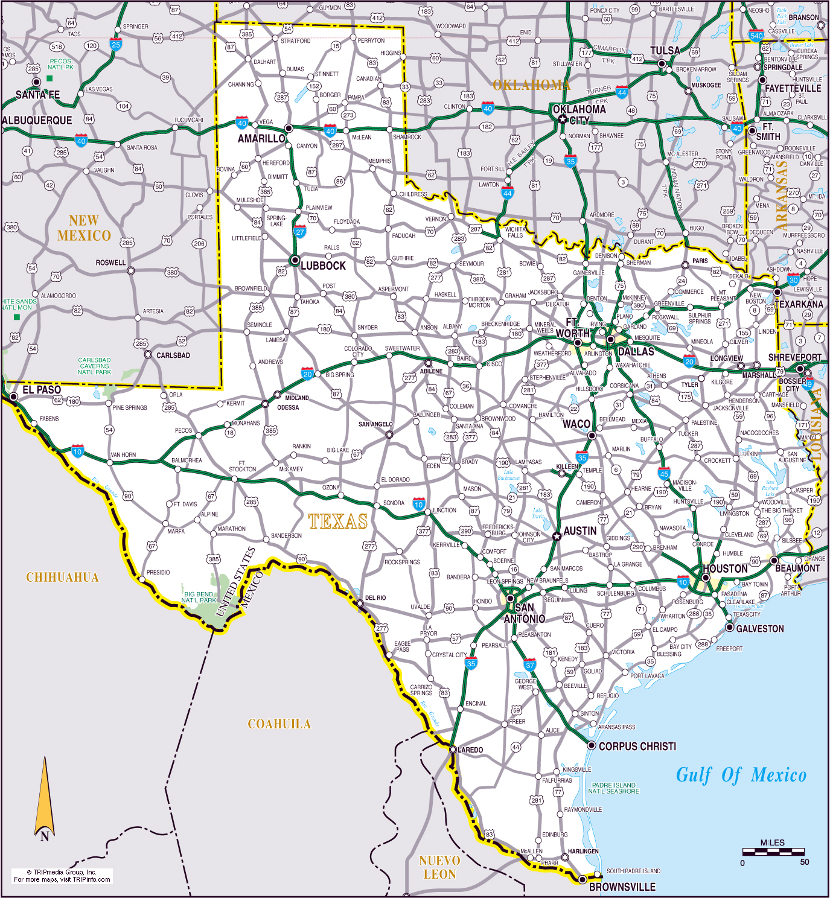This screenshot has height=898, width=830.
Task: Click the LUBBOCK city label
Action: click(x=323, y=266)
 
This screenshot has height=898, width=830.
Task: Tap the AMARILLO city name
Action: click(x=261, y=139)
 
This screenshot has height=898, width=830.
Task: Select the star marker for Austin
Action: click(x=557, y=536)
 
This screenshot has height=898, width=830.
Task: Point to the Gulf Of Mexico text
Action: click(x=741, y=775)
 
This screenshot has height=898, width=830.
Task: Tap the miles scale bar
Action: click(x=773, y=852)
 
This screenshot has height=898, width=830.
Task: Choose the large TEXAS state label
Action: click(x=337, y=521)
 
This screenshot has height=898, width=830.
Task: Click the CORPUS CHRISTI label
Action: click(x=637, y=747)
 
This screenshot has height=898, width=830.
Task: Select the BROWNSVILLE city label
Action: click(x=622, y=887)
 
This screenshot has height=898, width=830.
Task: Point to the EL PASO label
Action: click(x=42, y=390)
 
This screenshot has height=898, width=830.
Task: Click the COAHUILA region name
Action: click(x=279, y=724)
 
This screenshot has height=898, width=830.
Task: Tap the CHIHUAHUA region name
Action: click(x=62, y=578)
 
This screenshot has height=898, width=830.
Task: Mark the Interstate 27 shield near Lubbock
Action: click(x=300, y=231)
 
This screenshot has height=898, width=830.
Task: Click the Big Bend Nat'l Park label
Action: click(x=199, y=597)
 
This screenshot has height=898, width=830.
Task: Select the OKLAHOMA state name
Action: click(x=531, y=85)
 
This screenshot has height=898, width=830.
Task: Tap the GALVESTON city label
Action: click(x=760, y=629)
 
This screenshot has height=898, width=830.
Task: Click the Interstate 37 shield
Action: click(x=529, y=665)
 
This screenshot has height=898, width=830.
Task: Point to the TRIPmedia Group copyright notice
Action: click(x=62, y=876)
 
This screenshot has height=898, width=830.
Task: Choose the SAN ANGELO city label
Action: click(x=375, y=424)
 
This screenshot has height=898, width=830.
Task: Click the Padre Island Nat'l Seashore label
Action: click(x=613, y=788)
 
